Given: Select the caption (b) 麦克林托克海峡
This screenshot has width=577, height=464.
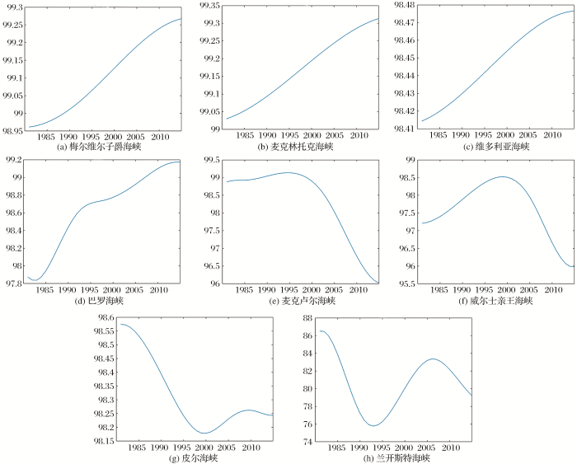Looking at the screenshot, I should [x=293, y=147].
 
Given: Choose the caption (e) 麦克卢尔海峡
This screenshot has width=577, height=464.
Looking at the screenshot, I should [x=293, y=301].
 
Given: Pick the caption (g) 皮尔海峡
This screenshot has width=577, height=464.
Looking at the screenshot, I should [x=192, y=457].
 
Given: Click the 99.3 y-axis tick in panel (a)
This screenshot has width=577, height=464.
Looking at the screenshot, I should [x=13, y=7].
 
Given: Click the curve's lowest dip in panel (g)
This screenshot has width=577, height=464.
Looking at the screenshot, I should [x=204, y=433].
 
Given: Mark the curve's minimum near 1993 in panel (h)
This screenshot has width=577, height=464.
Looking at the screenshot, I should [x=373, y=425].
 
